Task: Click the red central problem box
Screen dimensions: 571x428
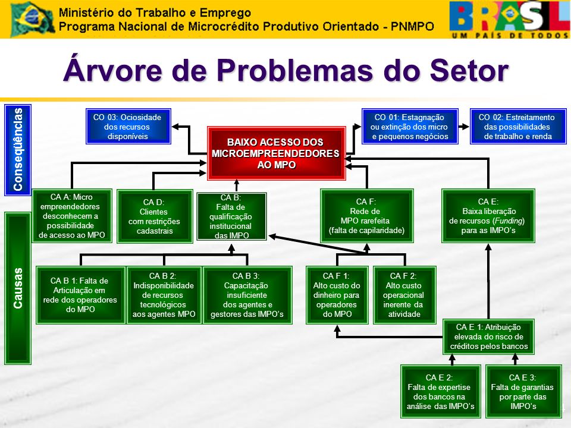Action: tap(277, 153)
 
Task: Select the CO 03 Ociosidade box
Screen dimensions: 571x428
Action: tap(128, 126)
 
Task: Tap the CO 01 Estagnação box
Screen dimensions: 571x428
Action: tap(410, 126)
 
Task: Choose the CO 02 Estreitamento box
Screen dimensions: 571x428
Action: tap(518, 126)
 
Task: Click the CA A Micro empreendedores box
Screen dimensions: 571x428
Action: tap(72, 216)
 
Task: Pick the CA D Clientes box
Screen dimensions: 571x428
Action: tap(155, 216)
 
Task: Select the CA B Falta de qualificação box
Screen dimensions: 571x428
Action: tap(231, 216)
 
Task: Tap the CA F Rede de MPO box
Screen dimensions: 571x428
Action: tap(367, 216)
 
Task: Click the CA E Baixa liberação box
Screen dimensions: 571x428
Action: tap(488, 216)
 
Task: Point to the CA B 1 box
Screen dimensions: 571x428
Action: tap(80, 295)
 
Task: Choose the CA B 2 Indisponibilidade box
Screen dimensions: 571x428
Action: tap(164, 295)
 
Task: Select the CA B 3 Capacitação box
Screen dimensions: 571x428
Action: tap(247, 295)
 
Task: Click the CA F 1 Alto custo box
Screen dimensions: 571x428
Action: tap(337, 295)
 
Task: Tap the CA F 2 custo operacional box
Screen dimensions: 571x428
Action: tap(404, 295)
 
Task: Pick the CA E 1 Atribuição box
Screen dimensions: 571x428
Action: tap(488, 336)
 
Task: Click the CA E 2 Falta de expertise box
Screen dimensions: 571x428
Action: tap(441, 392)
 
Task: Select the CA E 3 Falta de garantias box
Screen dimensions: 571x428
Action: tap(523, 392)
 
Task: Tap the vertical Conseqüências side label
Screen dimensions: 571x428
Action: tap(18, 150)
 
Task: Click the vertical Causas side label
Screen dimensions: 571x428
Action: tap(18, 288)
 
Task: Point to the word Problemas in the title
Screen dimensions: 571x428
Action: tap(294, 70)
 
